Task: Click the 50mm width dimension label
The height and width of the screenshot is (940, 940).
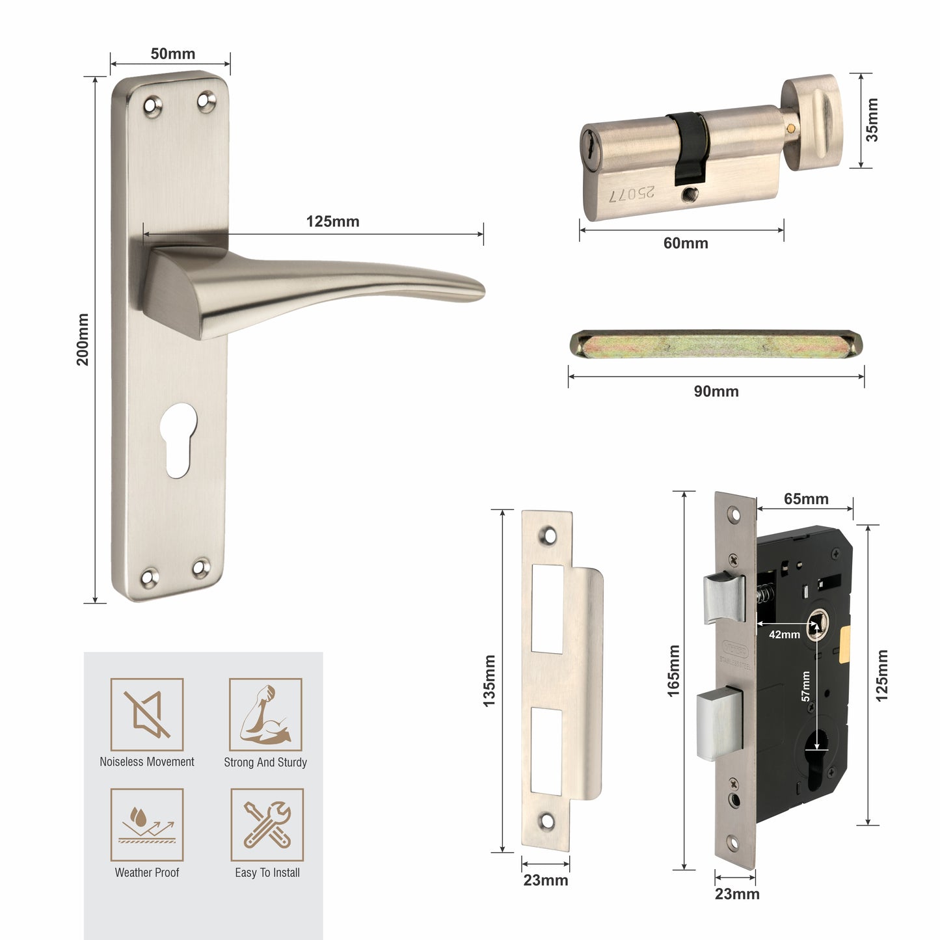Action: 172,53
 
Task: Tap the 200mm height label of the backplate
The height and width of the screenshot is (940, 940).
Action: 83,339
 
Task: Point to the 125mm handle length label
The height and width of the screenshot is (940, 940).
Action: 332,221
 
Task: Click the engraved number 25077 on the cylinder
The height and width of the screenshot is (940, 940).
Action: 632,194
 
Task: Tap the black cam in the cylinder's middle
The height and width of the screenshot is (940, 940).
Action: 690,146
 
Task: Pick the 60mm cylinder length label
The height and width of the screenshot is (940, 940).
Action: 685,243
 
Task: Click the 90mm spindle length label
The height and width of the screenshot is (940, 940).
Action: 716,391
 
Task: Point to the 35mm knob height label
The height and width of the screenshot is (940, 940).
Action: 872,120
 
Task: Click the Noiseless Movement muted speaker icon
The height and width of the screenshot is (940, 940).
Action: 147,714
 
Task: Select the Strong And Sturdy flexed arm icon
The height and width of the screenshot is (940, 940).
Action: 265,714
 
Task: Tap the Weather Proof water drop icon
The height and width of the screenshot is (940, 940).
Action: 147,825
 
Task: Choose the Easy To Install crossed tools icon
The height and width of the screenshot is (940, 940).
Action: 267,825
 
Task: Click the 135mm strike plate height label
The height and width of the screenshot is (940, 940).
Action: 489,680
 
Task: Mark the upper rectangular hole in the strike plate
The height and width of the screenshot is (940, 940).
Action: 547,609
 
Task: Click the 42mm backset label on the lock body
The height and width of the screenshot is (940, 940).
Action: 784,634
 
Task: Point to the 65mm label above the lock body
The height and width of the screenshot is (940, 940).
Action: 805,499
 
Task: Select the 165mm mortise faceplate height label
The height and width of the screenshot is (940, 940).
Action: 673,671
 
